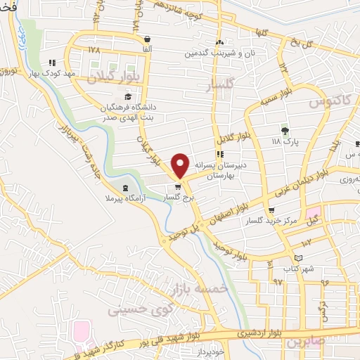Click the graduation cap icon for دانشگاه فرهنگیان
(x=128, y=96)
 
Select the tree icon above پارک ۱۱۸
(x=285, y=131)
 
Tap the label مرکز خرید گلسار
(x=272, y=221)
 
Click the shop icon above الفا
(x=147, y=39)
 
